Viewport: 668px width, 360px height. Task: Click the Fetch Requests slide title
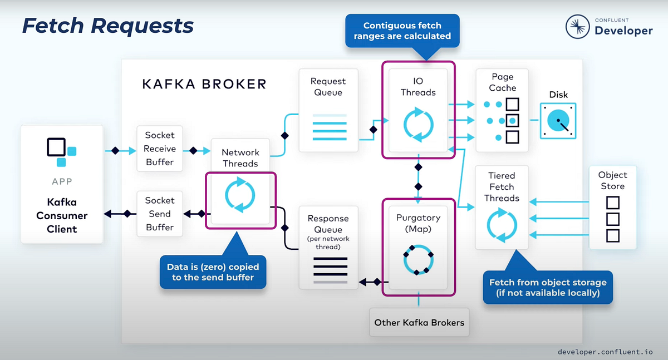pyautogui.click(x=107, y=26)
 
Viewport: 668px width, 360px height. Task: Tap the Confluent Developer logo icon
pyautogui.click(x=578, y=26)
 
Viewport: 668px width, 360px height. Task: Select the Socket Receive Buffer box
pyautogui.click(x=160, y=149)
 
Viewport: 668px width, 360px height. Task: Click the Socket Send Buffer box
pyautogui.click(x=160, y=214)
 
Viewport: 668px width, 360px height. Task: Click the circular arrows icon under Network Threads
pyautogui.click(x=240, y=195)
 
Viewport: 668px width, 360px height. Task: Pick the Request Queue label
pyautogui.click(x=328, y=87)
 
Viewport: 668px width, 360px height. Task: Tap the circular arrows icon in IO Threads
pyautogui.click(x=418, y=125)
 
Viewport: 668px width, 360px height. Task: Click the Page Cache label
pyautogui.click(x=502, y=82)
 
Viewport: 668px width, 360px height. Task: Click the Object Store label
pyautogui.click(x=612, y=180)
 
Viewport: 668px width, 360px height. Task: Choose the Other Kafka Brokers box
pyautogui.click(x=419, y=322)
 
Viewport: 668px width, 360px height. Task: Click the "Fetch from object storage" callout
pyautogui.click(x=548, y=287)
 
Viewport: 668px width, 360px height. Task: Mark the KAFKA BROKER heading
pyautogui.click(x=204, y=84)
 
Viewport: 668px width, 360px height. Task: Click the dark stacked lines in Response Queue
pyautogui.click(x=330, y=267)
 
